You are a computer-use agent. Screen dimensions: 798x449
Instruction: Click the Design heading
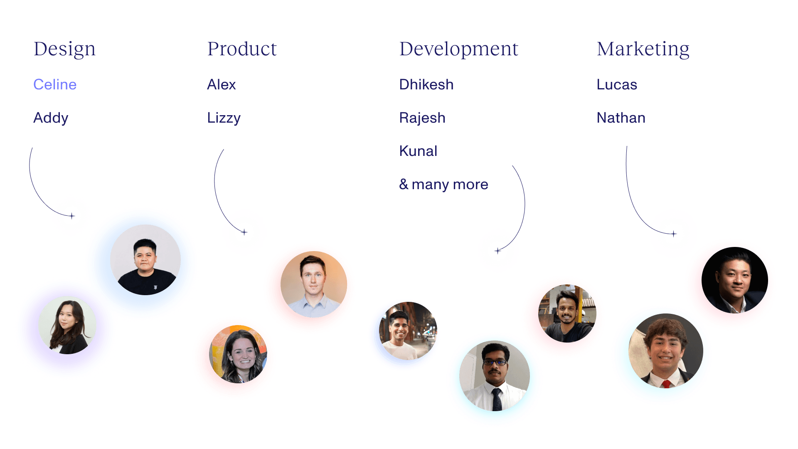click(x=64, y=49)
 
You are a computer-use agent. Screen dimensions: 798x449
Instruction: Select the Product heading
click(x=242, y=49)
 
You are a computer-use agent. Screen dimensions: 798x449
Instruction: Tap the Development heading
click(x=458, y=49)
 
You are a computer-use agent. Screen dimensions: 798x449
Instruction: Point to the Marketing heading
click(x=643, y=49)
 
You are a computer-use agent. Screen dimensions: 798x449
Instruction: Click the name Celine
click(x=55, y=84)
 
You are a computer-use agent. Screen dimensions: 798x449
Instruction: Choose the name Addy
click(x=51, y=118)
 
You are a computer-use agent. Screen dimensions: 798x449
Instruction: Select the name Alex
click(x=222, y=84)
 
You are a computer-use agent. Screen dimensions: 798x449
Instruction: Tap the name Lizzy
click(x=224, y=118)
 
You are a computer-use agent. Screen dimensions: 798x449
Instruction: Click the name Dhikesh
click(x=426, y=84)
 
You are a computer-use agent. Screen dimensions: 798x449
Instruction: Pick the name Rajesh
click(x=422, y=118)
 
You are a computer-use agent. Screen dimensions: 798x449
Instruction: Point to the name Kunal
click(x=418, y=151)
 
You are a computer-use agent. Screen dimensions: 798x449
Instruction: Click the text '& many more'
click(x=443, y=184)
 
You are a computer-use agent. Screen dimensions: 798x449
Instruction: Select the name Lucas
click(x=617, y=84)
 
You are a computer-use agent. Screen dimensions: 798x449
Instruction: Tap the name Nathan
click(x=621, y=118)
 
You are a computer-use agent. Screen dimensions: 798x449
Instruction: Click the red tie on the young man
click(x=667, y=383)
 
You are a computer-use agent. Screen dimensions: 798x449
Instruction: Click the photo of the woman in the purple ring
click(x=67, y=325)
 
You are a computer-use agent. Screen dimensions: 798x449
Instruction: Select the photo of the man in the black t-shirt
click(x=145, y=260)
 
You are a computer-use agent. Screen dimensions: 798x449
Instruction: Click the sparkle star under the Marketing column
click(x=674, y=234)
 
